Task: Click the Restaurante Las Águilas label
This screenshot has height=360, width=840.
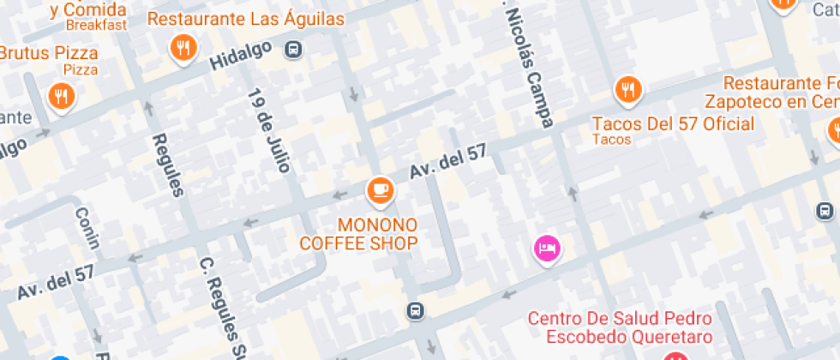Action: [x=246, y=19]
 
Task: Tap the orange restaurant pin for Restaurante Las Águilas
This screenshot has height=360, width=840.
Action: [x=183, y=48]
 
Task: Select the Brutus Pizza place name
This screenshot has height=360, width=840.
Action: [x=49, y=53]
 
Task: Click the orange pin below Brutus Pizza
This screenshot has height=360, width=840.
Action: [x=60, y=96]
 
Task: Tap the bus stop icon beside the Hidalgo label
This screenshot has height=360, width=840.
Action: [x=294, y=49]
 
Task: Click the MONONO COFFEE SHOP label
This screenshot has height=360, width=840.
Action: [x=358, y=234]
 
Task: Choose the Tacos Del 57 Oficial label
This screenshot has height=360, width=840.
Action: [x=674, y=124]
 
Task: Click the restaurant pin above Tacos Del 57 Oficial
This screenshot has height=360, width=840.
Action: [x=628, y=89]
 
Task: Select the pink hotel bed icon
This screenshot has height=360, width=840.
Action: [x=548, y=249]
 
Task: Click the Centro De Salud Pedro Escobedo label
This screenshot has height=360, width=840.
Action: [x=620, y=327]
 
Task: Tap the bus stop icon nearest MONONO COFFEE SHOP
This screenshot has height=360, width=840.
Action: [x=415, y=309]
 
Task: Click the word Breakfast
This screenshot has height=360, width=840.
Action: [x=96, y=25]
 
